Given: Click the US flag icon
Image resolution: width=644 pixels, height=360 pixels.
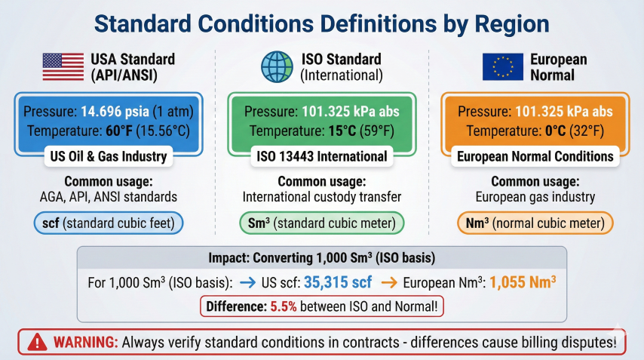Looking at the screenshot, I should (x=63, y=66).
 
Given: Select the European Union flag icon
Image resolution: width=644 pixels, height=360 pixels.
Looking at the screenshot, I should (x=502, y=66).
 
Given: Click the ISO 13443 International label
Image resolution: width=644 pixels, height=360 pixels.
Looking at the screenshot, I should (x=322, y=157).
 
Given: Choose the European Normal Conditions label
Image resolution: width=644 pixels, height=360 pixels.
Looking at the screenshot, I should (x=535, y=157).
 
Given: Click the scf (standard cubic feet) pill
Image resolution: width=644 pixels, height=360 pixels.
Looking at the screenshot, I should (x=110, y=223).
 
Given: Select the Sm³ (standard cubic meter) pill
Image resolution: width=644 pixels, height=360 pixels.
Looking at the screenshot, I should (x=322, y=223).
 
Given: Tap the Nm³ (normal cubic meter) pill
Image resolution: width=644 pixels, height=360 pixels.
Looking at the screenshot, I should (x=535, y=223).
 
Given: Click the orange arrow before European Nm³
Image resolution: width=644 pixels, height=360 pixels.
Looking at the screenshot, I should (x=388, y=283).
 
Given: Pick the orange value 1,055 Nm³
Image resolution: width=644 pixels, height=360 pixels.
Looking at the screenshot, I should (x=523, y=283).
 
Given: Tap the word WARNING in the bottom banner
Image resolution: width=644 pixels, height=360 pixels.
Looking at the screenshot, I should (x=86, y=342).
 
